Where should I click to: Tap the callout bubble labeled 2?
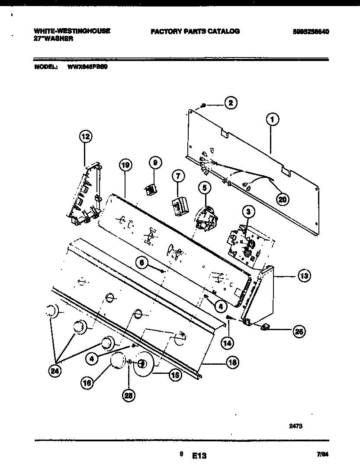231,103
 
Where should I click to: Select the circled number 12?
86,137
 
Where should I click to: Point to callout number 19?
125,165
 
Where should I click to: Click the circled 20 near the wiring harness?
283,199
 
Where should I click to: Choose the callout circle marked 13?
304,276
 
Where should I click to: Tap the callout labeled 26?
298,332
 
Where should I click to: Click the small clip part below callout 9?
150,189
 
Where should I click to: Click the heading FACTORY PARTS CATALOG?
195,31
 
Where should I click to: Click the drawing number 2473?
296,426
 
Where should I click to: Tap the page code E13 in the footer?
199,455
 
